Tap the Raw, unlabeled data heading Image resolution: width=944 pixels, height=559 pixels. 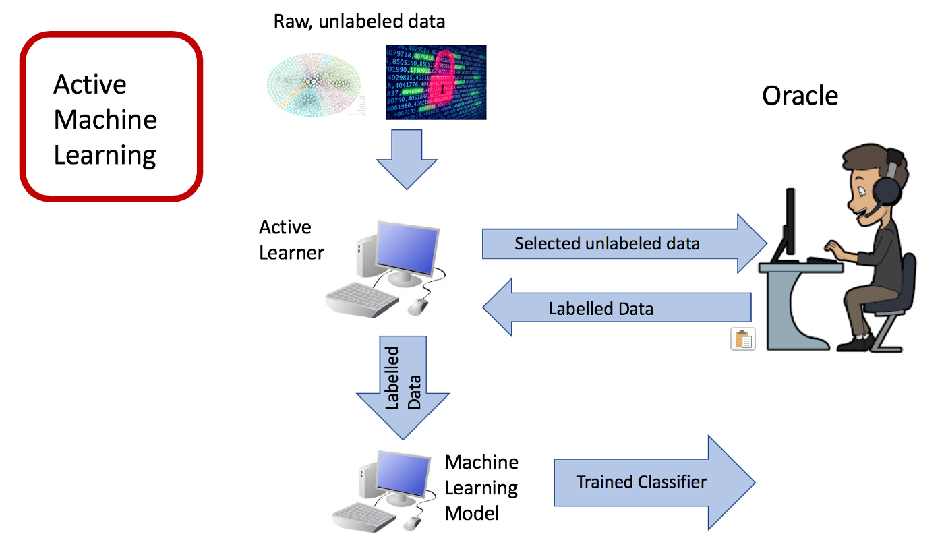tap(359, 21)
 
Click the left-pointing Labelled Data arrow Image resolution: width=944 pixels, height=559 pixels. tap(617, 308)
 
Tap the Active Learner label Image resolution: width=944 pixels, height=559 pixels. tap(291, 239)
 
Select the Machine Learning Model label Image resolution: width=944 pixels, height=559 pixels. tap(481, 487)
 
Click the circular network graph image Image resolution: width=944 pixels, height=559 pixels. tap(314, 84)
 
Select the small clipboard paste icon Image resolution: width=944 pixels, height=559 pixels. tap(743, 339)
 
